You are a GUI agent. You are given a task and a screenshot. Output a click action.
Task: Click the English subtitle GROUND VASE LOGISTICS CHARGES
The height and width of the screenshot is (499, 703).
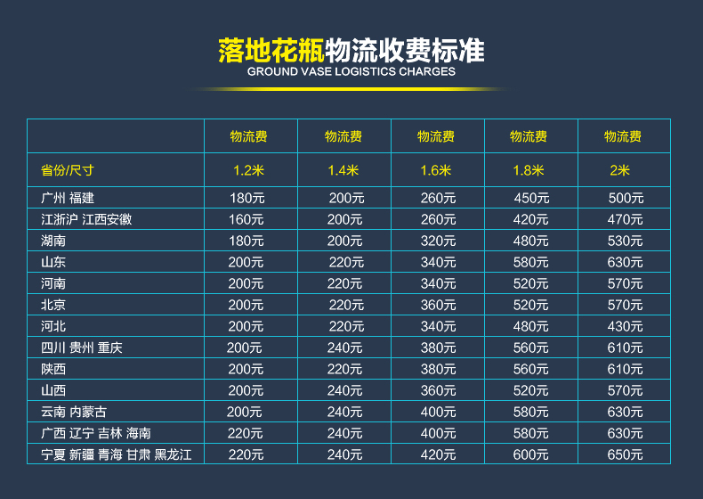pyautogui.click(x=351, y=72)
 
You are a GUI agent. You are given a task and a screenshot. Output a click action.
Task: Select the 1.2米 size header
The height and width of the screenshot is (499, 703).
pyautogui.click(x=248, y=170)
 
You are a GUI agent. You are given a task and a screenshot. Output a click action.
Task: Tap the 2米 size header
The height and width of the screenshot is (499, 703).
pyautogui.click(x=619, y=170)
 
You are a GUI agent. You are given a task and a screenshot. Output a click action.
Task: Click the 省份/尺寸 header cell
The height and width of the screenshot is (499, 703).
pyautogui.click(x=68, y=170)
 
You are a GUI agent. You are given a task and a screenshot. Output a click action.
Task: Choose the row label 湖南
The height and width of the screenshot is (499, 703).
pyautogui.click(x=53, y=241)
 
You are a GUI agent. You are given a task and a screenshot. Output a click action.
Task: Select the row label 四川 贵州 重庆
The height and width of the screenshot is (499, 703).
pyautogui.click(x=82, y=348)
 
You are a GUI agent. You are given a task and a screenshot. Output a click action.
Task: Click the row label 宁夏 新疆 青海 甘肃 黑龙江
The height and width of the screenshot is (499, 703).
pyautogui.click(x=116, y=454)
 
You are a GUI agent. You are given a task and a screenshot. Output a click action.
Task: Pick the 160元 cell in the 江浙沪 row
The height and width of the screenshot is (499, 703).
pyautogui.click(x=246, y=219)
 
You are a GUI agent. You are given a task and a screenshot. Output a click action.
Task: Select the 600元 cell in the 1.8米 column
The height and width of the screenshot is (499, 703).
pyautogui.click(x=530, y=454)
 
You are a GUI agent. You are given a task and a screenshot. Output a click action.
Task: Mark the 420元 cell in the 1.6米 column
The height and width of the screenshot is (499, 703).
pyautogui.click(x=438, y=454)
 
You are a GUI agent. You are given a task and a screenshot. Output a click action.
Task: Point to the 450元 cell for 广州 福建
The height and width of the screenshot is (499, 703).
pyautogui.click(x=531, y=198)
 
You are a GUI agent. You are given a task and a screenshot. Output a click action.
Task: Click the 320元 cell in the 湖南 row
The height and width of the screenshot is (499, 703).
pyautogui.click(x=438, y=241)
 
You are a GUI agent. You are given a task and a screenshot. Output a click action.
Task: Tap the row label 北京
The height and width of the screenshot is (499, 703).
pyautogui.click(x=53, y=305)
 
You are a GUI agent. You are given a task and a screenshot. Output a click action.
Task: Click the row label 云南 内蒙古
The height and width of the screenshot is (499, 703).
pyautogui.click(x=74, y=412)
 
